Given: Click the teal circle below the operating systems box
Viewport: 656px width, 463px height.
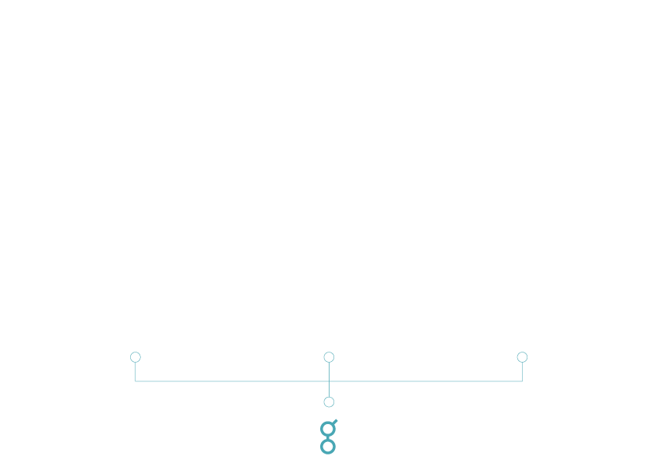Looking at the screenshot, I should click(136, 357).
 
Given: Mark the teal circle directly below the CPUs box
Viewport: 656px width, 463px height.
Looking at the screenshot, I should click(329, 357).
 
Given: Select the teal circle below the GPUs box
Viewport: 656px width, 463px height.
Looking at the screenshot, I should click(522, 357).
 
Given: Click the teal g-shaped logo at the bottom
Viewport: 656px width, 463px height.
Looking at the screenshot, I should click(329, 437).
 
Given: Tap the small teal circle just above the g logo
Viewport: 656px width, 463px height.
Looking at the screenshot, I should click(329, 402).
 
